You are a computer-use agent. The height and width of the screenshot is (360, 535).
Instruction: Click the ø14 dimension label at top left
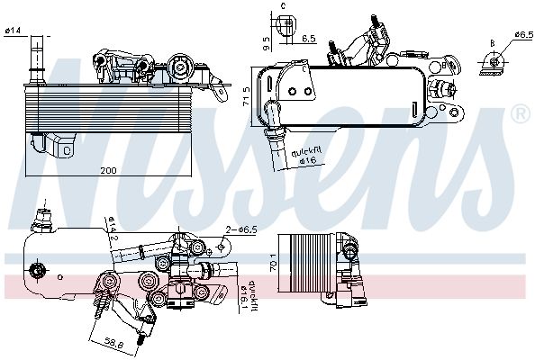click(x=14, y=32)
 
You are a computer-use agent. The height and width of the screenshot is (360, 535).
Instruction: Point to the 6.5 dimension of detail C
click(x=307, y=39)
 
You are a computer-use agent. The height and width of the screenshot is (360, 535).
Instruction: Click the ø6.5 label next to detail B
click(x=524, y=34)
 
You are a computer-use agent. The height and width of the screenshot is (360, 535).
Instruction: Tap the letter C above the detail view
click(x=282, y=6)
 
